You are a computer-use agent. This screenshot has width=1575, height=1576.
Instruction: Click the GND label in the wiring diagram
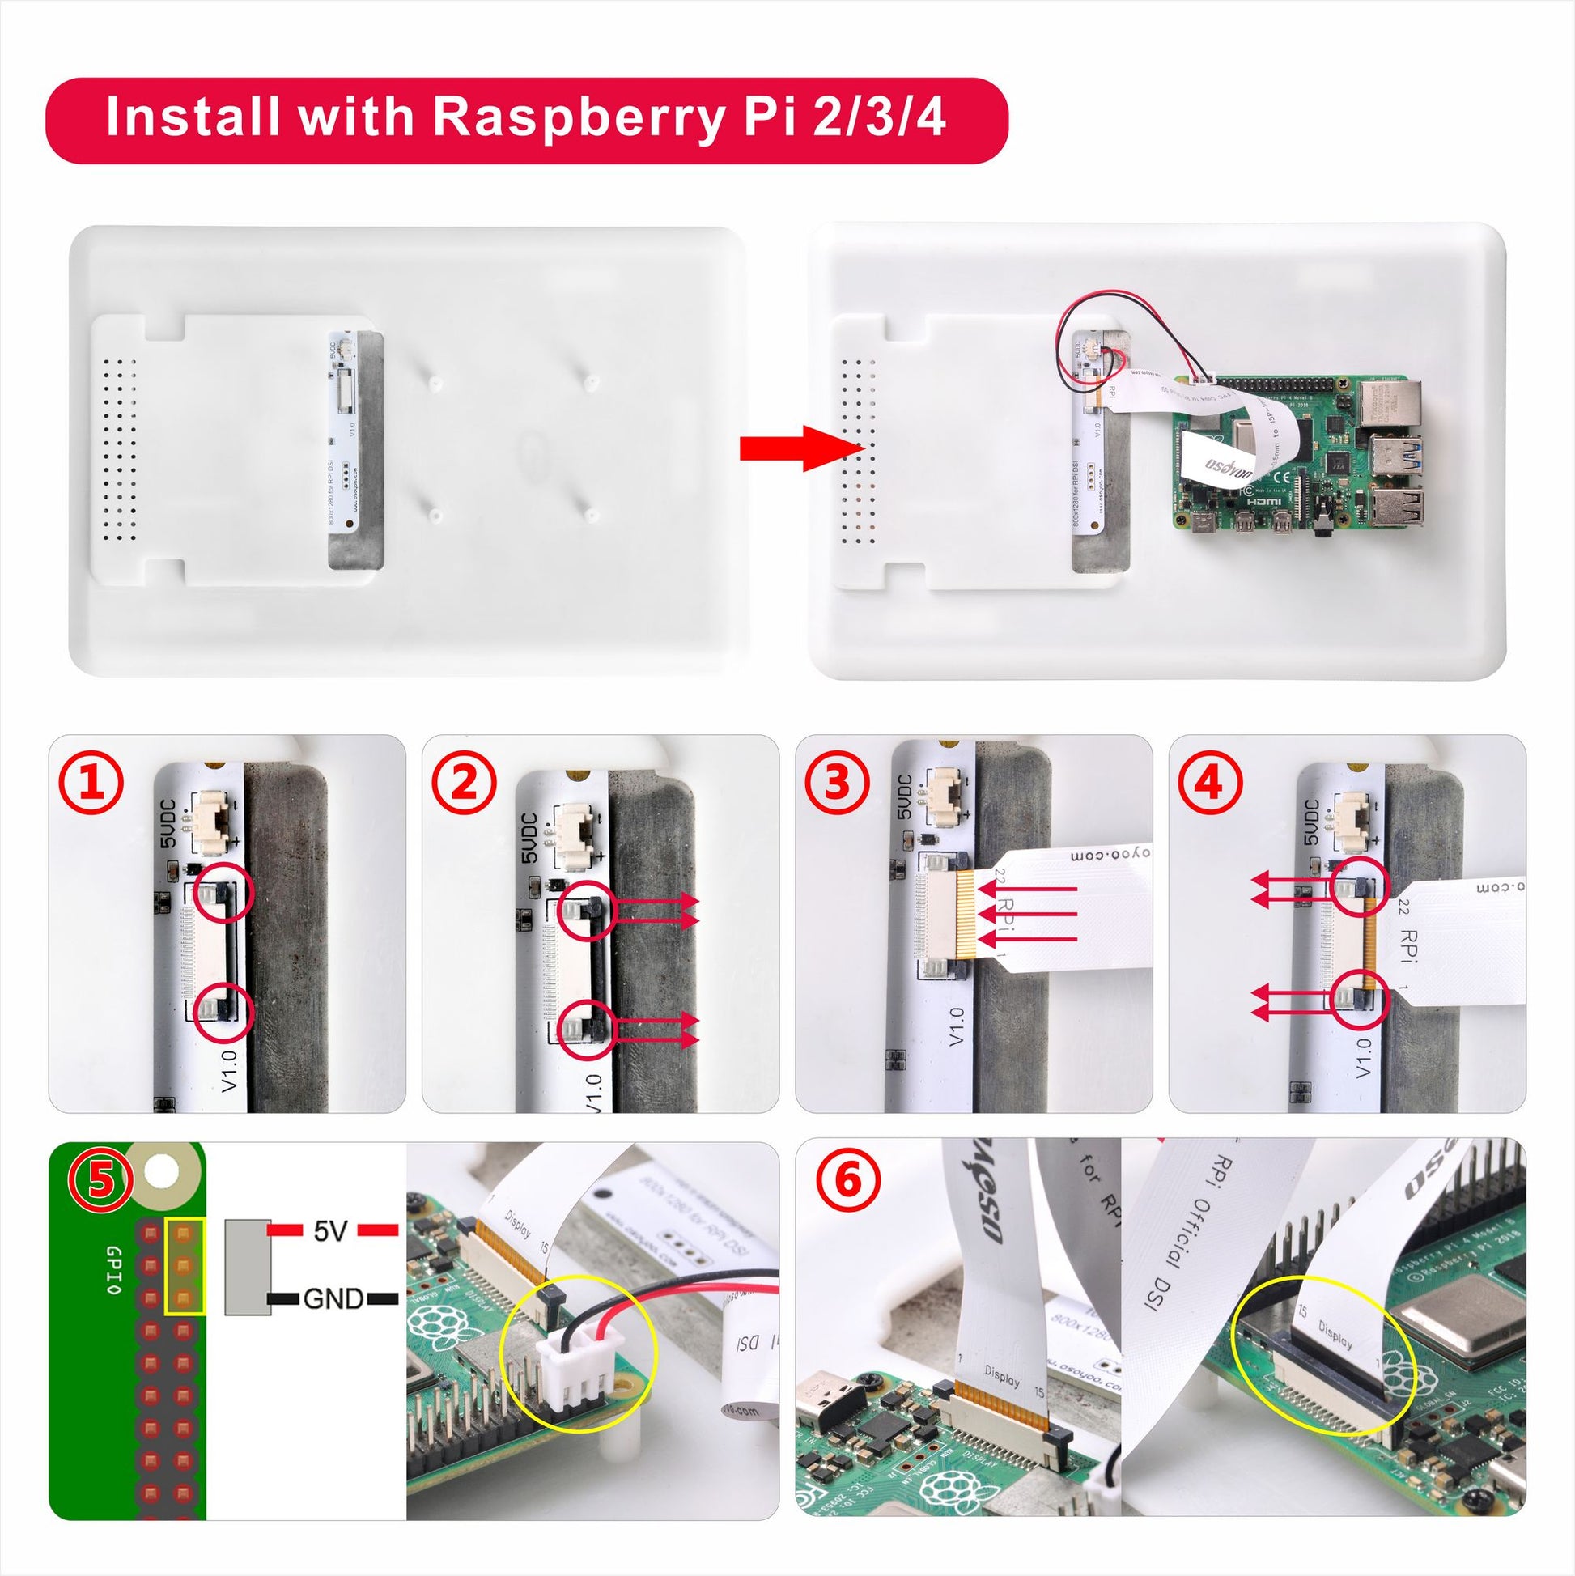click(x=333, y=1298)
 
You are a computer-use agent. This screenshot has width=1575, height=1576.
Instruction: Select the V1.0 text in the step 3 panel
click(x=957, y=1027)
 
